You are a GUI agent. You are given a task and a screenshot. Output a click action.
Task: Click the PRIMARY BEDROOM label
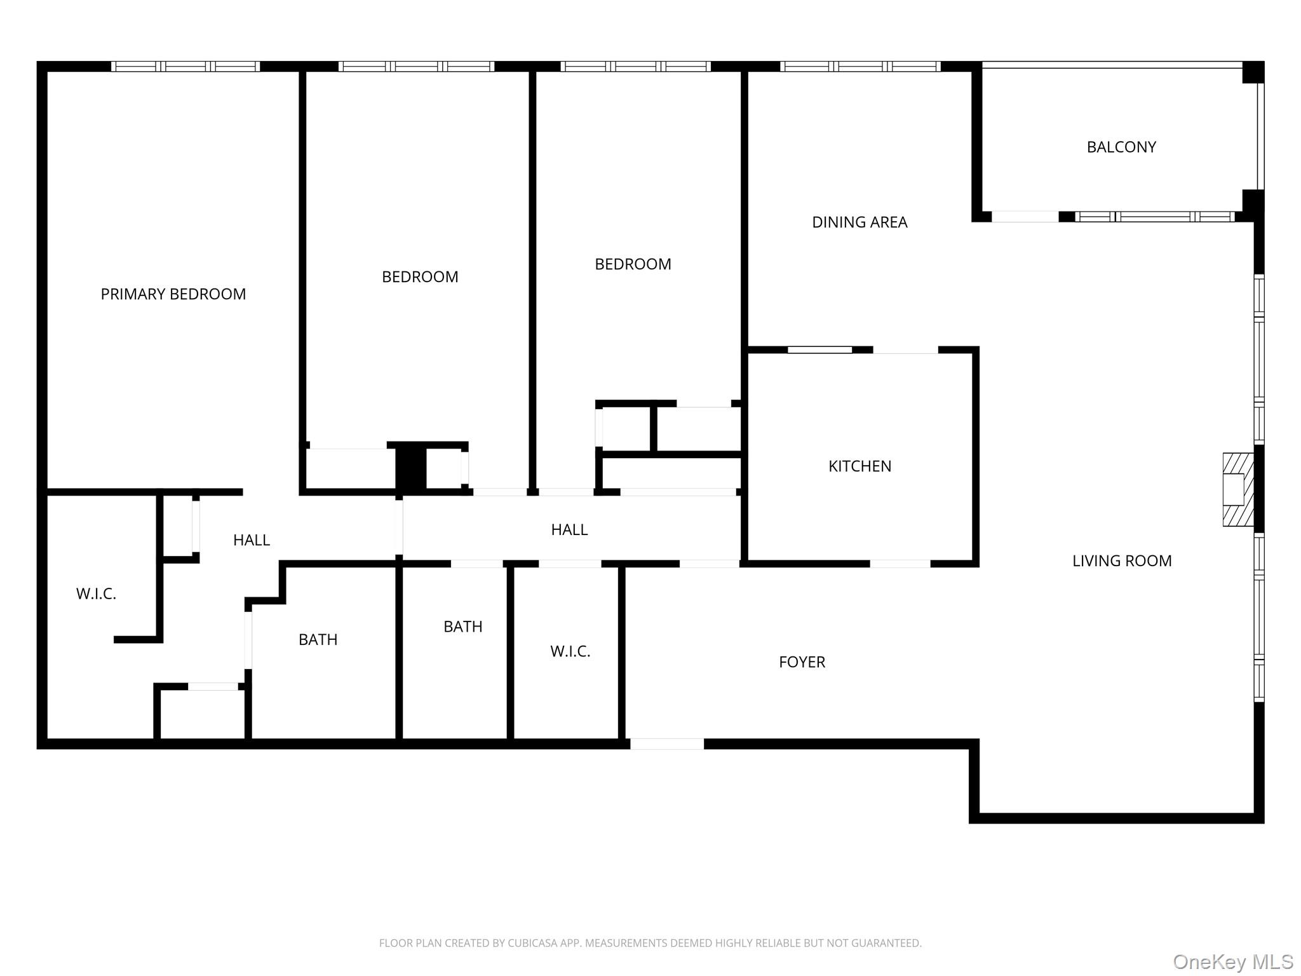pos(173,294)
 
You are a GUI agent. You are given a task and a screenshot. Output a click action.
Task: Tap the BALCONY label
pos(1121,147)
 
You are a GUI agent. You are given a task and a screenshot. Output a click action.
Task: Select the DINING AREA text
pos(859,222)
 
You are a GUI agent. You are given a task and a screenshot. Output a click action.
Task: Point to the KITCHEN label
pos(859,466)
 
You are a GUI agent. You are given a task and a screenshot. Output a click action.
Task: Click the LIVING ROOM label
pos(1121,561)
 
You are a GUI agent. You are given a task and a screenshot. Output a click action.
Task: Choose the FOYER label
pos(802,662)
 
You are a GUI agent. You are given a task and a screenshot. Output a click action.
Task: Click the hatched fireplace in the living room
pos(1237,489)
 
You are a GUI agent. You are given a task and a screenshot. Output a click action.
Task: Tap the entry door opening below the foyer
pos(666,744)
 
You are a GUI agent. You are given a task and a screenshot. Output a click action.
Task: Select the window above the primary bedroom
pos(185,66)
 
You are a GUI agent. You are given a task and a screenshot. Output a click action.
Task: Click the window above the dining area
pos(859,66)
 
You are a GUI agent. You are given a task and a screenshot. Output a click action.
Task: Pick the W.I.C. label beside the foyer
pos(570,651)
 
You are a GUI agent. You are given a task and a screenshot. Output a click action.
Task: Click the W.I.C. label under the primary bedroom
pos(96,594)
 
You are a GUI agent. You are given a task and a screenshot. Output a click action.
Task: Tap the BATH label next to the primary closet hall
pos(318,640)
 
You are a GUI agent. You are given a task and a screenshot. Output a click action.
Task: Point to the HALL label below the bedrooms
pos(569,530)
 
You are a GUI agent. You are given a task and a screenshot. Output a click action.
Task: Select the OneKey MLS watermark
pos(1232,962)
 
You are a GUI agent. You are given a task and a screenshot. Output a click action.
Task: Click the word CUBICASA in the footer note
pos(532,944)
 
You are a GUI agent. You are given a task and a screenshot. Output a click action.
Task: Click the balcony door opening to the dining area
pos(1025,217)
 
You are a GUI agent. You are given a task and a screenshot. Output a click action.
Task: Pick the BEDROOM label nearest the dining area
pos(632,264)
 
